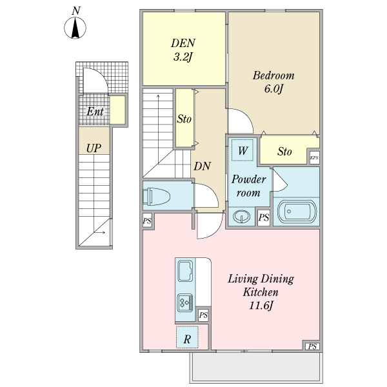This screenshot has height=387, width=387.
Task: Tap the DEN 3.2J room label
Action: (x=183, y=50)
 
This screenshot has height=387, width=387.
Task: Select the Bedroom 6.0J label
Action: (x=273, y=82)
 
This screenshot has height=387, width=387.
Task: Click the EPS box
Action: (x=315, y=157)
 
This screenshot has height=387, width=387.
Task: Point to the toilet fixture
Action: (x=157, y=197)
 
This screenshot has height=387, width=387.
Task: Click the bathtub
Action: (x=297, y=212)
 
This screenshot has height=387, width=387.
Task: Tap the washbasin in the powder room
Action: (x=242, y=217)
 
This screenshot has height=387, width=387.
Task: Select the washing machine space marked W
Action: (x=243, y=150)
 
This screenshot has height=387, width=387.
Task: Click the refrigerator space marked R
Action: (x=187, y=337)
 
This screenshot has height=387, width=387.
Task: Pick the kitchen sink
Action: (x=185, y=271)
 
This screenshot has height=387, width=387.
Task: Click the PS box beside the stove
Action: (x=203, y=315)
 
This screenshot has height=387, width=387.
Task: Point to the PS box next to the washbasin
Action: (x=264, y=218)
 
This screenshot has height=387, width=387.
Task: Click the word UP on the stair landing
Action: (x=94, y=148)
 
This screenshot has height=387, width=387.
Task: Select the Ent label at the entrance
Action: (x=95, y=112)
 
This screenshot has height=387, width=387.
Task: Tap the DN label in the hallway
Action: (x=202, y=166)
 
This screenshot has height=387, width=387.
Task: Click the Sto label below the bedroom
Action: (x=284, y=152)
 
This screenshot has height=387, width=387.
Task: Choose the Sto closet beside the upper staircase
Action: (x=184, y=118)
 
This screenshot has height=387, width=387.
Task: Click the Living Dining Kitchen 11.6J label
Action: (x=261, y=292)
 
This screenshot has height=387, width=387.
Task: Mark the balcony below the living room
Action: (x=256, y=367)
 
